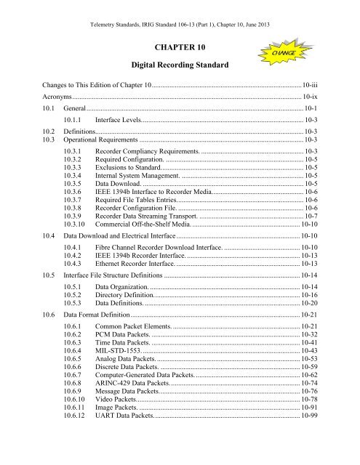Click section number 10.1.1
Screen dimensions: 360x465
pos(75,118)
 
